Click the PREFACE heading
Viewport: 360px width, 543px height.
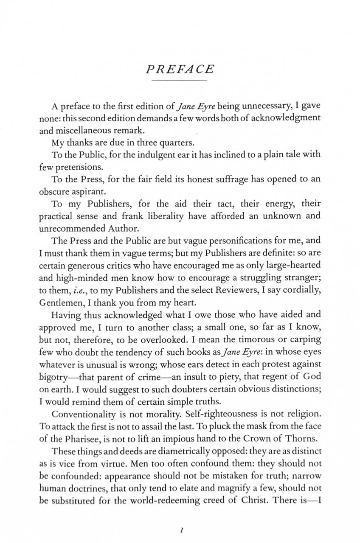click(x=179, y=69)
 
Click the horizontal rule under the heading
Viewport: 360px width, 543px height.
click(x=179, y=80)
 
